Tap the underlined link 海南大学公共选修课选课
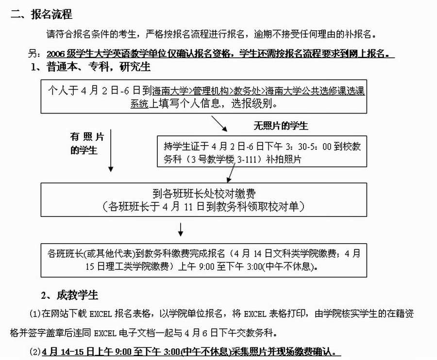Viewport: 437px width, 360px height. [314, 90]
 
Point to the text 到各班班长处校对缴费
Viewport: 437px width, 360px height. [204, 194]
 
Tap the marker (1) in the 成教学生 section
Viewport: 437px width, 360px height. [35, 314]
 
